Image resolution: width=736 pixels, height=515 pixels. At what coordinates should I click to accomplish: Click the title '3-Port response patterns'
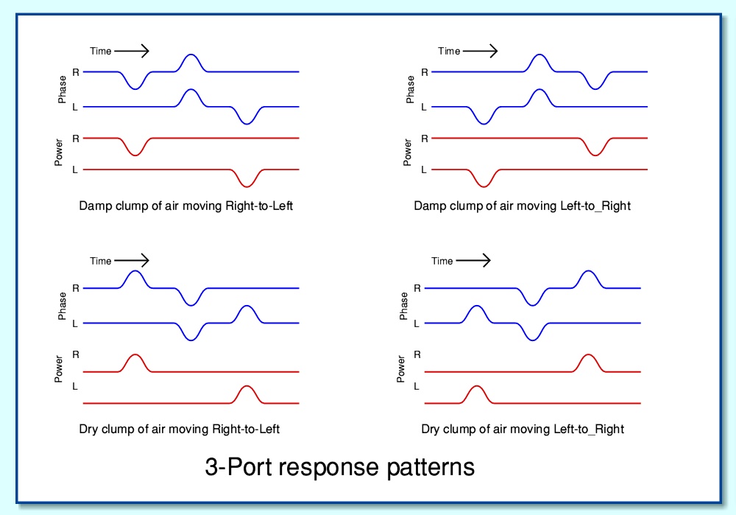point(339,468)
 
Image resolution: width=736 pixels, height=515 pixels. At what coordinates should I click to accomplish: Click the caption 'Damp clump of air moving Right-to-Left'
point(186,206)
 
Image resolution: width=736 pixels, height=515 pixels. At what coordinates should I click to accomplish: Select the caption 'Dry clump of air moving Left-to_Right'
point(523,429)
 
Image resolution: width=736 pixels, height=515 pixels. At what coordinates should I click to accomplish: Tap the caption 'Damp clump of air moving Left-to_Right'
point(522,206)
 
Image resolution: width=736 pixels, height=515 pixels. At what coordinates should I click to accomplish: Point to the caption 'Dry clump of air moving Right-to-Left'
point(180,429)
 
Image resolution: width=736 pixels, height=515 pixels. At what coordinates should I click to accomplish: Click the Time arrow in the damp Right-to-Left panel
point(132,51)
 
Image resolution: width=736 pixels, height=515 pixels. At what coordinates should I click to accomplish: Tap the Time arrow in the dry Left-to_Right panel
point(473,260)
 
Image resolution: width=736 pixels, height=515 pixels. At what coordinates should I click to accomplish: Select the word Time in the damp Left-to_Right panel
point(449,51)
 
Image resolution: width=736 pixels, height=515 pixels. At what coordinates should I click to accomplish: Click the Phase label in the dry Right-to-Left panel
point(62,306)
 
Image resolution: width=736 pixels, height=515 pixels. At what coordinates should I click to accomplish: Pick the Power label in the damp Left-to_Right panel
point(407,153)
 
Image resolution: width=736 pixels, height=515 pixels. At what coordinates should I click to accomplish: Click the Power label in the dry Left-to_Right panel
point(400,368)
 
